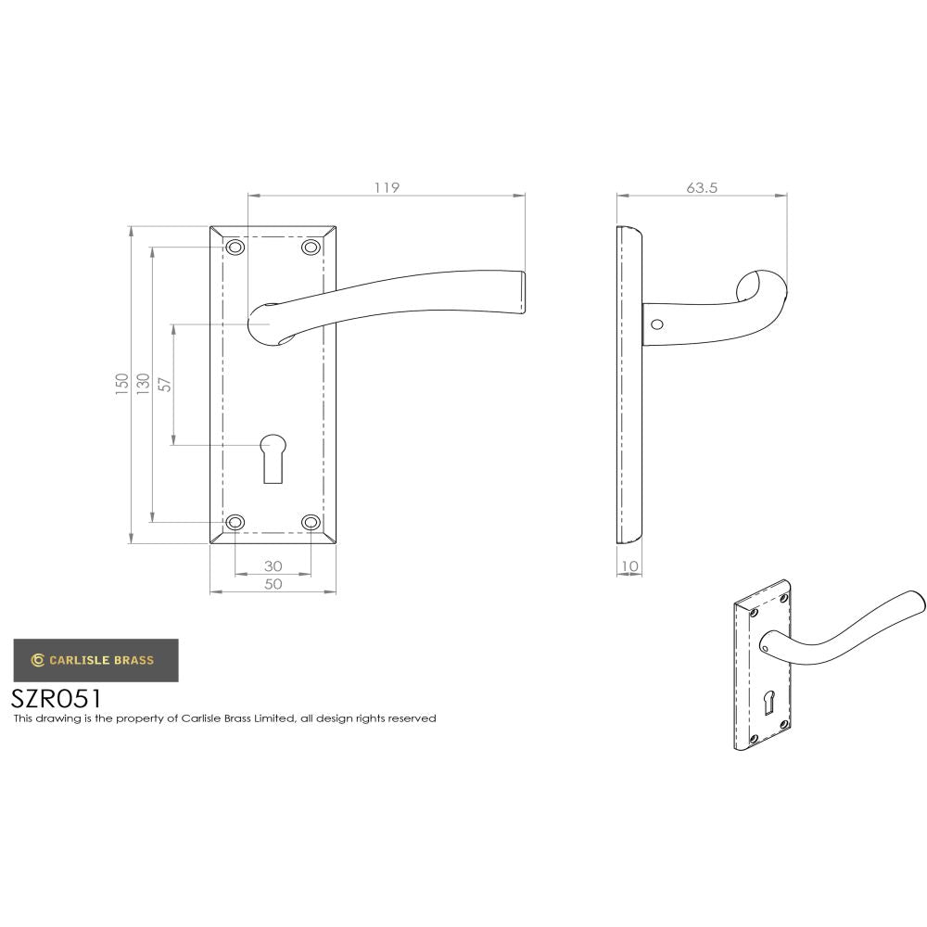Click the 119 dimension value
(387, 187)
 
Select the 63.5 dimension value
(702, 187)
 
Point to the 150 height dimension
(121, 384)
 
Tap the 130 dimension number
(143, 384)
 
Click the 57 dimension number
(165, 384)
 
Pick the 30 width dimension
(273, 566)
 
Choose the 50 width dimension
(273, 584)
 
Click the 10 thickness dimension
(629, 566)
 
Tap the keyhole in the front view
(273, 456)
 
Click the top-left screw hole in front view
(235, 248)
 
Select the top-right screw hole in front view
(311, 248)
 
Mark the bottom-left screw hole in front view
(235, 523)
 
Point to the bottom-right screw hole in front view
(311, 523)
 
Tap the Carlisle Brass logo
(95, 660)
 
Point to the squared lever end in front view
(519, 293)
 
